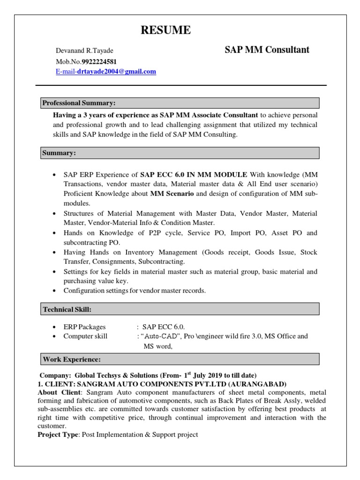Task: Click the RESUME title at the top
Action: (x=166, y=30)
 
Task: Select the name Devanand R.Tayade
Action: (x=84, y=51)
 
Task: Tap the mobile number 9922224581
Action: (x=99, y=61)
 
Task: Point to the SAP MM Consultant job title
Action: (x=267, y=50)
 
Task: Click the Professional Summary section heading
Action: (x=79, y=103)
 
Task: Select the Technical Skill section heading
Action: (x=67, y=309)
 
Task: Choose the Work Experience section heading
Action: (x=72, y=360)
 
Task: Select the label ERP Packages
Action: (x=84, y=327)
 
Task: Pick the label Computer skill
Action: (x=85, y=336)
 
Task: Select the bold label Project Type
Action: (x=57, y=435)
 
